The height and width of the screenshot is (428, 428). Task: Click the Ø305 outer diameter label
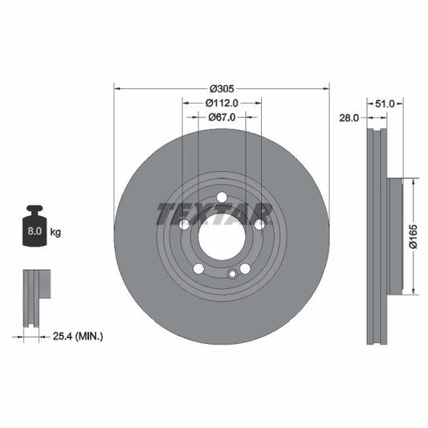pos(222,88)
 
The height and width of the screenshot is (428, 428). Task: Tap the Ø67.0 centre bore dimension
pos(222,117)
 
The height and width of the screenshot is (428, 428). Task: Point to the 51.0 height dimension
pos(385,103)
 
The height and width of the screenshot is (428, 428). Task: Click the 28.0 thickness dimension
pos(349,117)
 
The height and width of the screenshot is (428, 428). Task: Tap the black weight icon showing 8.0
pos(35,231)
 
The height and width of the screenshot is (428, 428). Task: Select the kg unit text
pos(55,232)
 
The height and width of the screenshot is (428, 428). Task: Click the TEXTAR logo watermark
pos(214,214)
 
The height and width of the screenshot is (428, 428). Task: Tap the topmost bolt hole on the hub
pos(222,198)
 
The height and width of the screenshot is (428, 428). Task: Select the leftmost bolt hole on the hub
pos(184,226)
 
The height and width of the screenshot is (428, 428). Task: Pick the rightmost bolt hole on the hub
pos(259,226)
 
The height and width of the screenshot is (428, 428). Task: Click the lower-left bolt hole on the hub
pos(198,269)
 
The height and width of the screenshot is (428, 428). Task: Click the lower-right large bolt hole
pos(245,269)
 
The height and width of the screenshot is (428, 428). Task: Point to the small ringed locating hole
pos(232,275)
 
